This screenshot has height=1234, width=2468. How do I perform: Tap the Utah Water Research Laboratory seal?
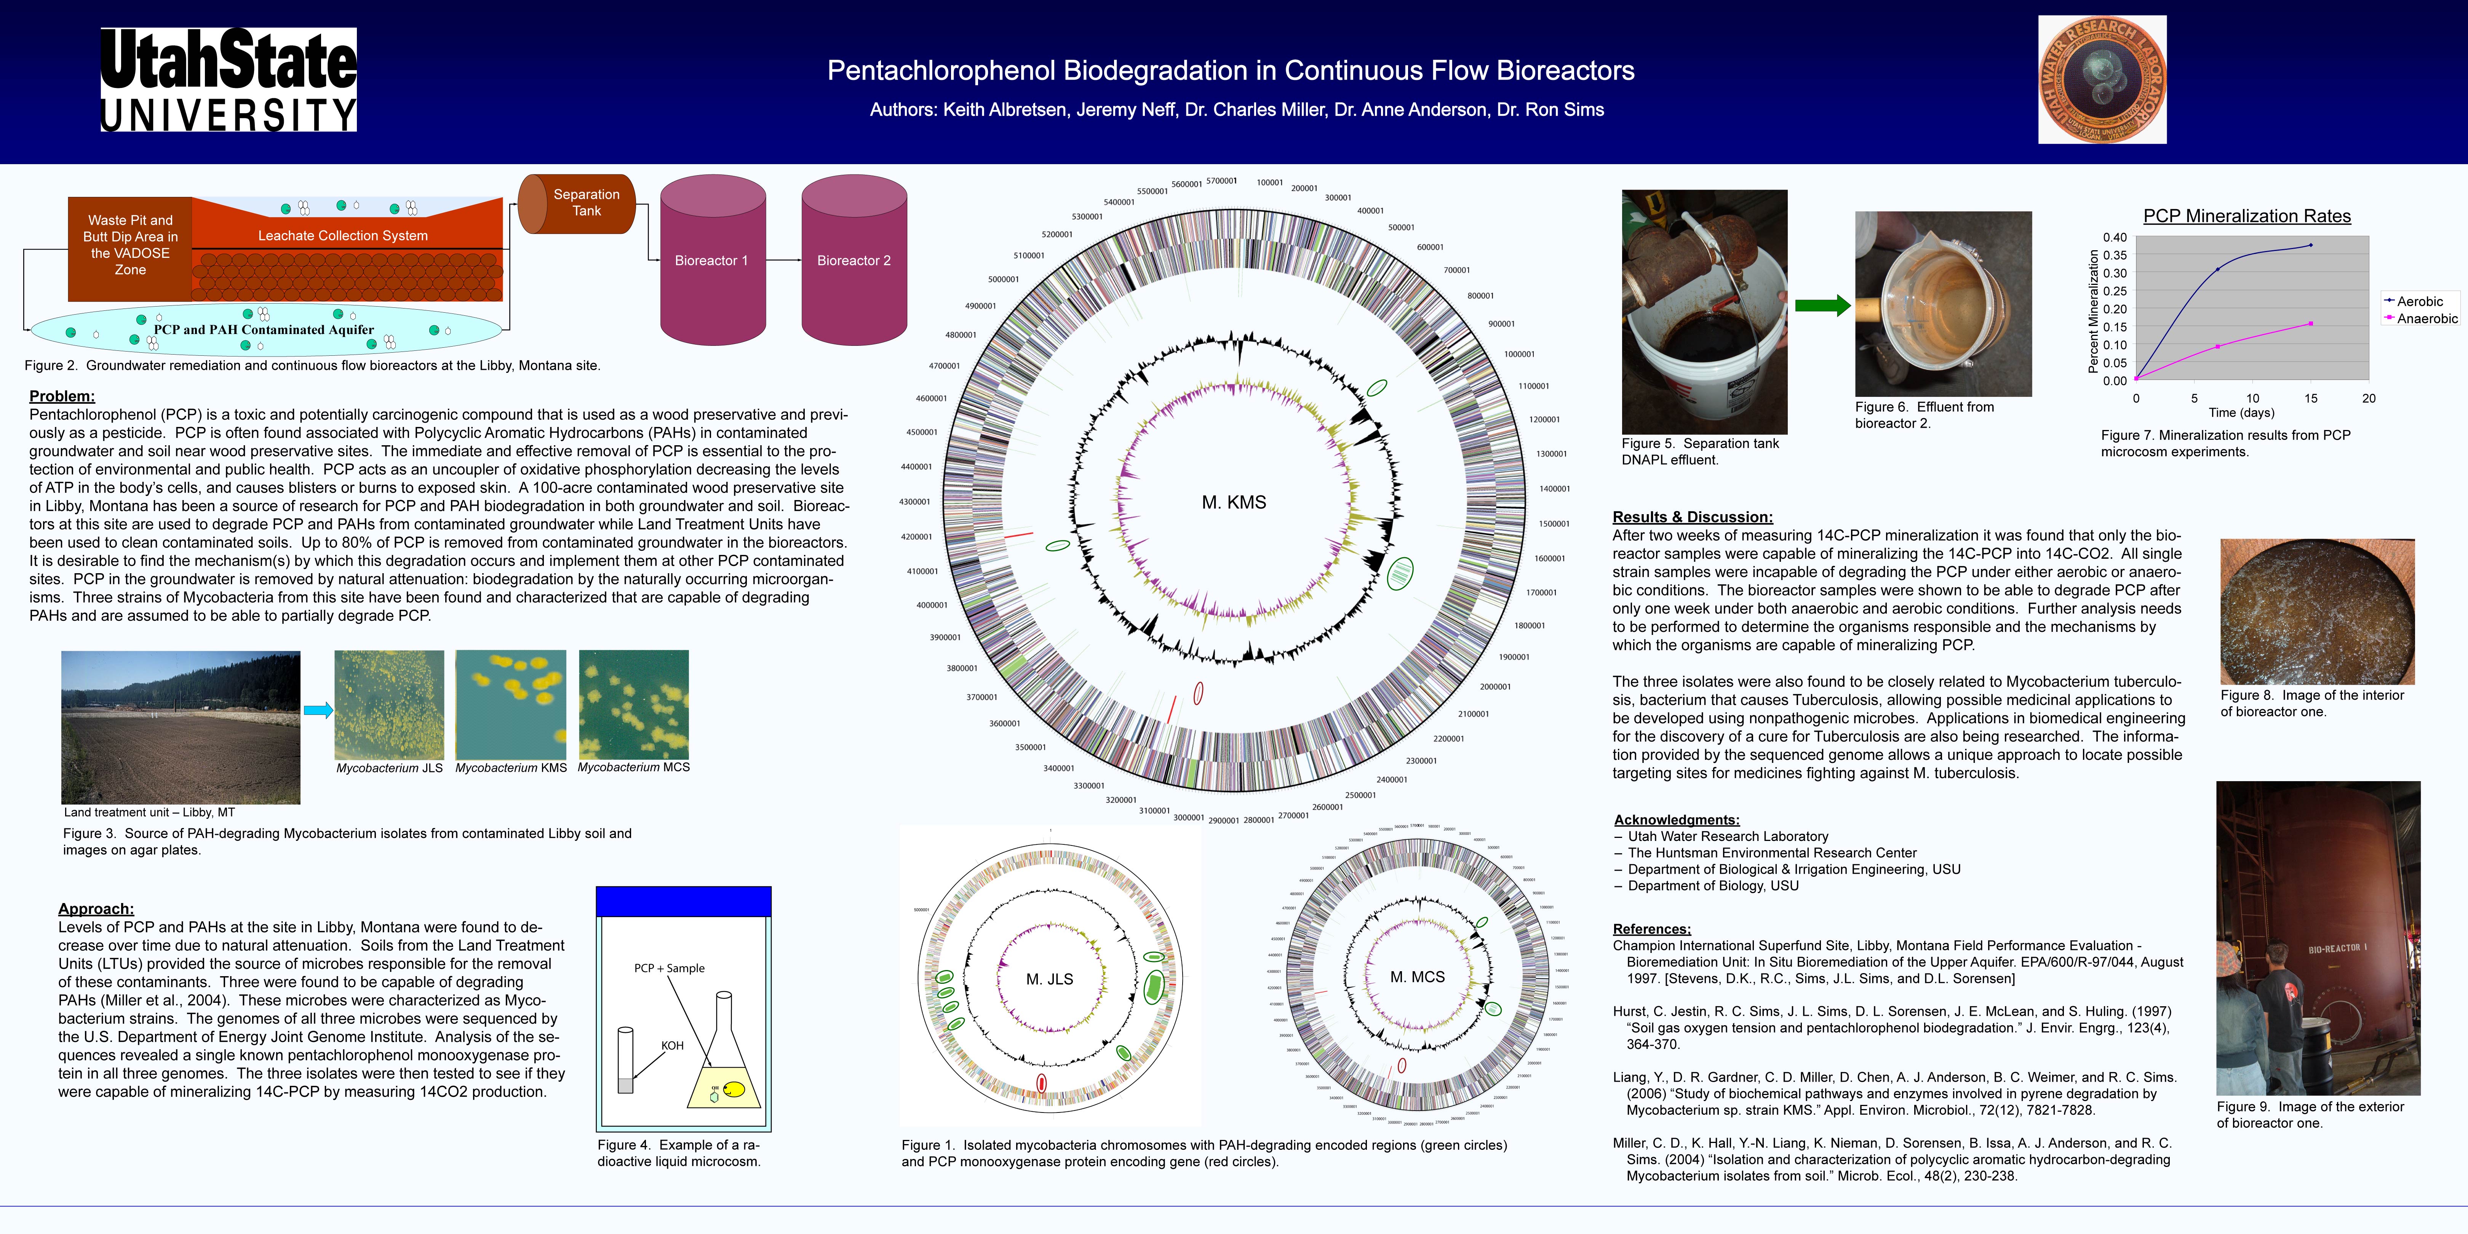tap(2102, 80)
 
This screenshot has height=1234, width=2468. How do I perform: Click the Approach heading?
tap(96, 908)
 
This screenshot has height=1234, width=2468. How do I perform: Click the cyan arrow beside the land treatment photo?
tap(318, 710)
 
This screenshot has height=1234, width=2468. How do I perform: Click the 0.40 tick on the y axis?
tap(2115, 238)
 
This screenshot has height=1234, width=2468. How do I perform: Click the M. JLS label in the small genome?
tap(1049, 979)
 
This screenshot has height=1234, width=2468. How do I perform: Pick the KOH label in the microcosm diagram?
tap(673, 1045)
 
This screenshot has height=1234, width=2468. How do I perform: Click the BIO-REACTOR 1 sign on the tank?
tap(2337, 948)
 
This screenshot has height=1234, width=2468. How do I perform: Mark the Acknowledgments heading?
tap(1677, 820)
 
